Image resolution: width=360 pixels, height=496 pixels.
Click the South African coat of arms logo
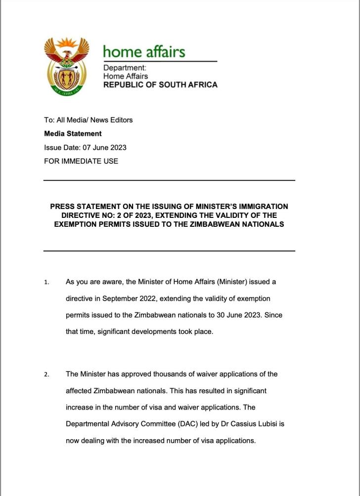(x=66, y=66)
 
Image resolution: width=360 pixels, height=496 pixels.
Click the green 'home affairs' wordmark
(x=144, y=51)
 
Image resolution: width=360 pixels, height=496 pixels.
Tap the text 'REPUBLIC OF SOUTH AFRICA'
(x=160, y=84)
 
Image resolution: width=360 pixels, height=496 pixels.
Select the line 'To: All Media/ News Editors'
(x=88, y=120)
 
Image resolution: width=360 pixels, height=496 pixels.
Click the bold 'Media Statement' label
(x=73, y=133)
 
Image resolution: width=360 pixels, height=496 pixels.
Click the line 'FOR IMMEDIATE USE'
(x=81, y=161)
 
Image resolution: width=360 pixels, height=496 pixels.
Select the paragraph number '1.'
(x=46, y=282)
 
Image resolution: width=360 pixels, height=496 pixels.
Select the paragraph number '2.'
(x=46, y=374)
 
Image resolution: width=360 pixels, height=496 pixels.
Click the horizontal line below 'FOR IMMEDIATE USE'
(x=169, y=181)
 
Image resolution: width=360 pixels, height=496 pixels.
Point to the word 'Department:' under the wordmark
(x=125, y=68)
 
